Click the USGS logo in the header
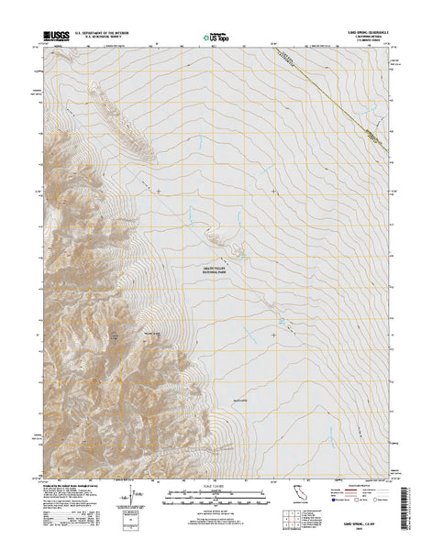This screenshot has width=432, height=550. pos(52,37)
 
